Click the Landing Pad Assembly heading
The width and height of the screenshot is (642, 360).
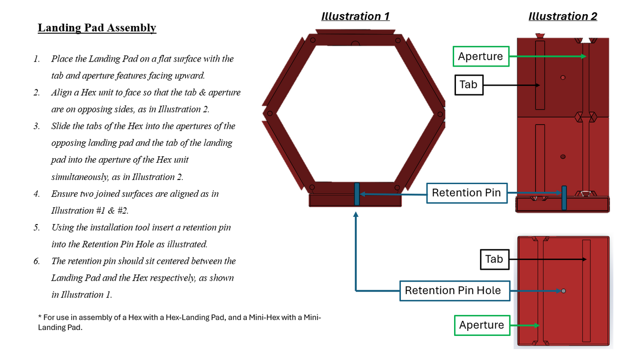point(97,28)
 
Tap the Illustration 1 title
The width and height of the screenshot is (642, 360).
point(355,16)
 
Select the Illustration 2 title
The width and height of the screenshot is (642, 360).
point(563,16)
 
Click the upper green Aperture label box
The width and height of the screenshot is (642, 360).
point(481,57)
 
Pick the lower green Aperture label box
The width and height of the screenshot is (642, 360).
point(481,325)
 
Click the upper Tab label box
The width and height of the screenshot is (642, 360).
point(468,85)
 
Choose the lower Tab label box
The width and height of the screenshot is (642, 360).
point(494,259)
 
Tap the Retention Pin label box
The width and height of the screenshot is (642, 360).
point(466,193)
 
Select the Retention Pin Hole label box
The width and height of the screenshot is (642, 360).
point(452,291)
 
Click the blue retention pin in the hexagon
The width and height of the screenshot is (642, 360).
point(357,194)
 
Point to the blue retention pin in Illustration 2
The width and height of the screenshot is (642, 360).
point(564,198)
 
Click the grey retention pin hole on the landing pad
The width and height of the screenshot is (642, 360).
point(564,291)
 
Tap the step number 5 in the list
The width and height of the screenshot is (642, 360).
point(36,227)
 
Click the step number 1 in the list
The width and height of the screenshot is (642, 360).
point(36,59)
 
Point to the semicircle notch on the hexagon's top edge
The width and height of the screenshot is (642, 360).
point(355,43)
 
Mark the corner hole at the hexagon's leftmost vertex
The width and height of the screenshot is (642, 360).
point(269,113)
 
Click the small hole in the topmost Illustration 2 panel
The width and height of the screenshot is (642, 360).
point(563,77)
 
